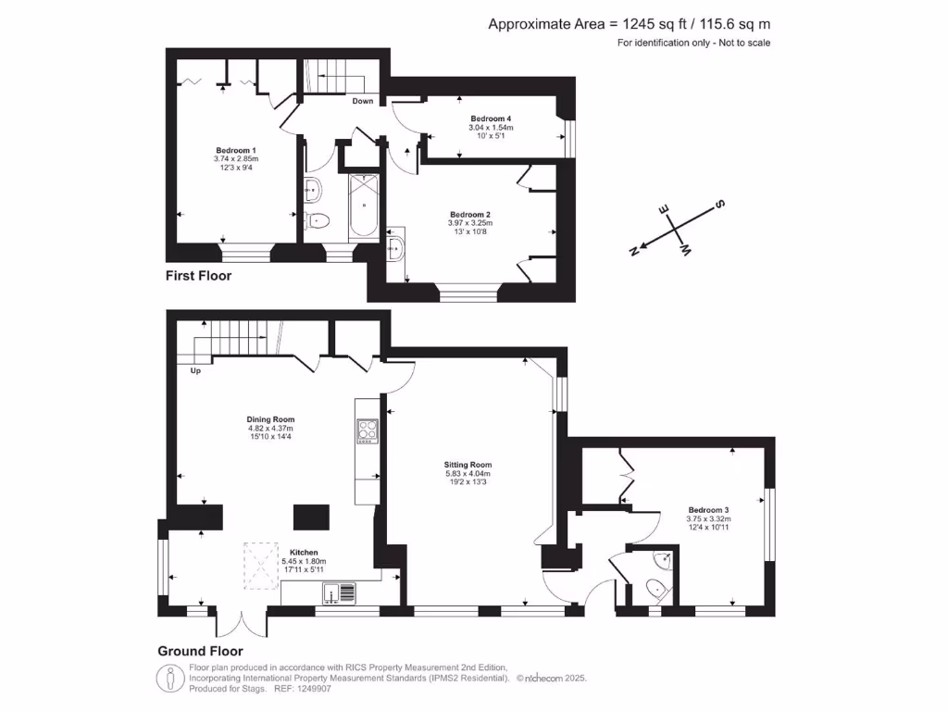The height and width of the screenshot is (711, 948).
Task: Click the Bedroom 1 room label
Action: [236, 151]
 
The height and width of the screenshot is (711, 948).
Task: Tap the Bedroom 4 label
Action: [491, 118]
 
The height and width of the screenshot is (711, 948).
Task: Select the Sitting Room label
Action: [468, 465]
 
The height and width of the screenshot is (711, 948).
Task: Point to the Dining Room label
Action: [270, 418]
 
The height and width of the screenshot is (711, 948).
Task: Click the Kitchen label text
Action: [304, 551]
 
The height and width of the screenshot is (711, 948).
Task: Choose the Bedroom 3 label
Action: [708, 510]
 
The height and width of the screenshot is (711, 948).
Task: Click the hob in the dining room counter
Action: [367, 430]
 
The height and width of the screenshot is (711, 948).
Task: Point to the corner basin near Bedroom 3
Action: [662, 559]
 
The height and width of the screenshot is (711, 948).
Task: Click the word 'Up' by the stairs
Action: [195, 371]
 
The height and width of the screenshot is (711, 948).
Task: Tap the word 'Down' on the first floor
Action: [363, 101]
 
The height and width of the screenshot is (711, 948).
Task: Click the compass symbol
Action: [675, 227]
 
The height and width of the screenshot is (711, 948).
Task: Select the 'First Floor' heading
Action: [198, 276]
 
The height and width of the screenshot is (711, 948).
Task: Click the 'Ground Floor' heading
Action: [200, 651]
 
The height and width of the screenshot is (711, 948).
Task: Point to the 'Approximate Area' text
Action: [629, 24]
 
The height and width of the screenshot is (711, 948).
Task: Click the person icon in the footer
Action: [169, 678]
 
